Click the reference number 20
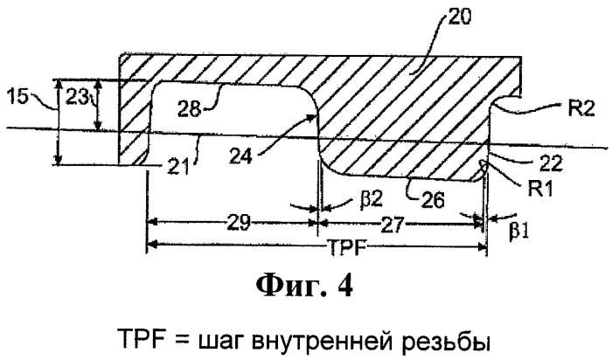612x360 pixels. (459, 17)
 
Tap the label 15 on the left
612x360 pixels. (17, 96)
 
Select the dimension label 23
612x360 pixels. (75, 98)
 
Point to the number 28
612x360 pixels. (189, 109)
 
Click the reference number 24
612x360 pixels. (240, 156)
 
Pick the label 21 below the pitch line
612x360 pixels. (178, 168)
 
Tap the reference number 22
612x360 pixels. (550, 163)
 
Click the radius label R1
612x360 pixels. (540, 189)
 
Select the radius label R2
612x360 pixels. (581, 109)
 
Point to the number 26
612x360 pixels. (434, 199)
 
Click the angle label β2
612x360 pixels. (372, 200)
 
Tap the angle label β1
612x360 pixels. (518, 232)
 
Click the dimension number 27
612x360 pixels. (393, 225)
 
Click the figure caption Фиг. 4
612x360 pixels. (304, 286)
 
